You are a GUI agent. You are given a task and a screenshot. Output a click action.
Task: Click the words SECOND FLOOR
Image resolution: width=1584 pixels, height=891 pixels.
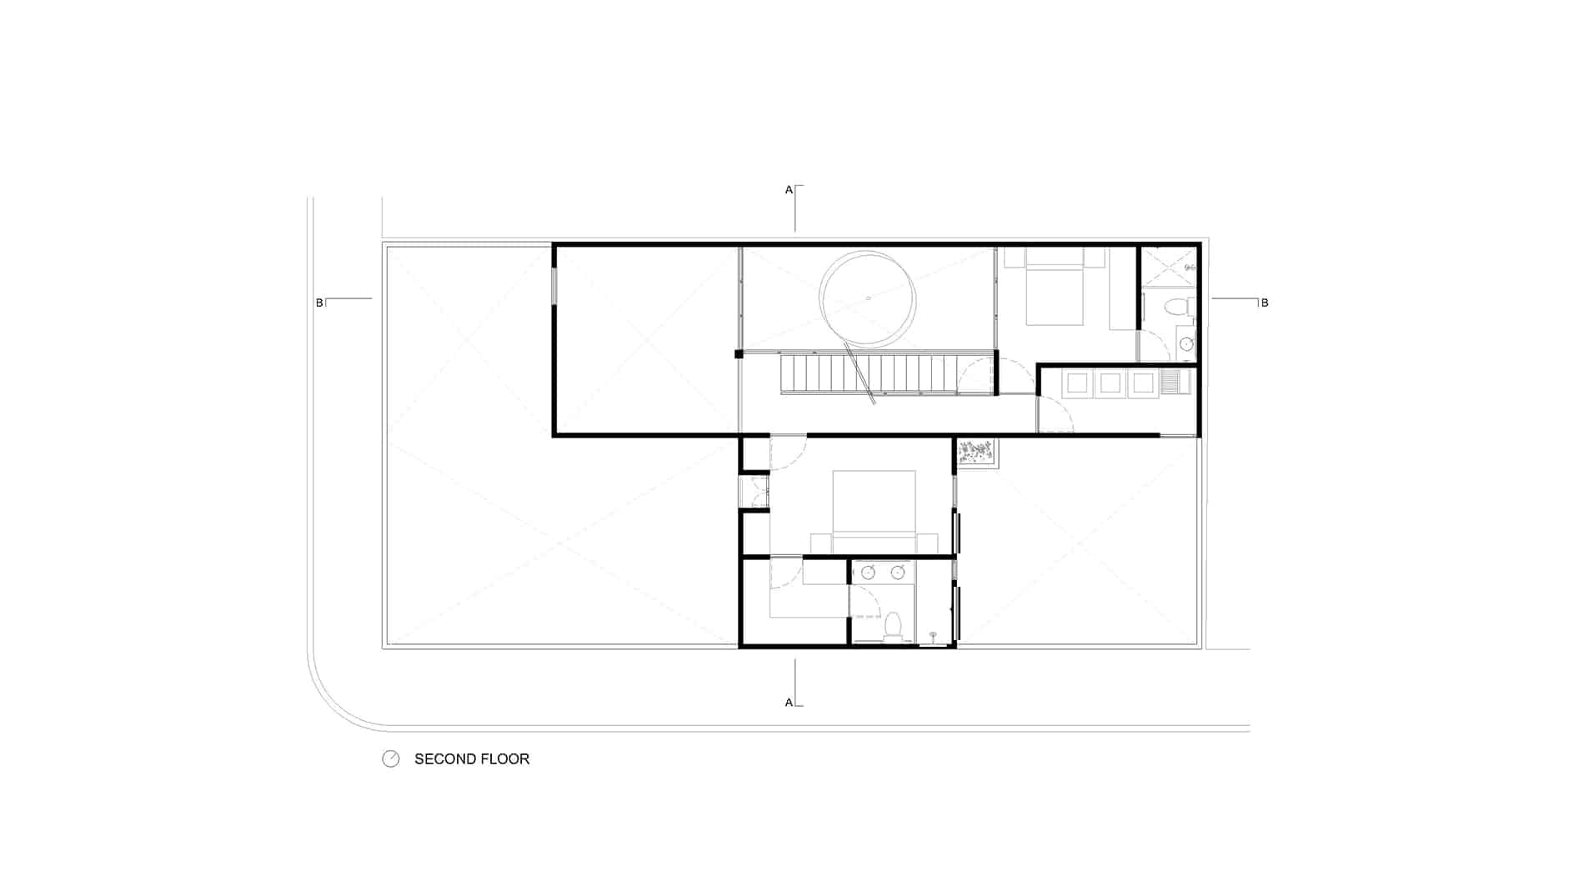472,759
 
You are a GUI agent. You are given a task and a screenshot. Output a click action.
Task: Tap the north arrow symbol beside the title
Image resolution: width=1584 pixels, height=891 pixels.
391,759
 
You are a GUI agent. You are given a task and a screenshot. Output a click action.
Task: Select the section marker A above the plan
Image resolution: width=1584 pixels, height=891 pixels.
789,190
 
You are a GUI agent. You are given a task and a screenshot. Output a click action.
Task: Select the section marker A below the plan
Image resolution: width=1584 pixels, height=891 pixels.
789,703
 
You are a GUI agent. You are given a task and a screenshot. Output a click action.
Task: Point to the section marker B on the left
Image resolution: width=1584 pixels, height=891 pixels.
319,303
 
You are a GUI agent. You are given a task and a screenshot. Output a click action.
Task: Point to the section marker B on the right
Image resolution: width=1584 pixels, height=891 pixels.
1265,303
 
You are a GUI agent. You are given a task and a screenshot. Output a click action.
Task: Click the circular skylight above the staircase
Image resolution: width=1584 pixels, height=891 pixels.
867,298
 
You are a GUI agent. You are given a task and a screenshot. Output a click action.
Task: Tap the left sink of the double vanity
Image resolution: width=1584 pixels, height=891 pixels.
868,572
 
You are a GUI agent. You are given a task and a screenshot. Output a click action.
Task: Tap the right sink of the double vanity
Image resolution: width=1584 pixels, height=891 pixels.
898,572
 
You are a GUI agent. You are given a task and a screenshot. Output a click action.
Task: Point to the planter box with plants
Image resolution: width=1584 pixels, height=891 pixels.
976,453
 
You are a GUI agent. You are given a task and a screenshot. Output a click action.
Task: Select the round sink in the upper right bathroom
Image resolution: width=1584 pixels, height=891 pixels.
1185,343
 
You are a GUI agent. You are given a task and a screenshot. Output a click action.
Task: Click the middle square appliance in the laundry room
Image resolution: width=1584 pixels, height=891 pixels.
1109,383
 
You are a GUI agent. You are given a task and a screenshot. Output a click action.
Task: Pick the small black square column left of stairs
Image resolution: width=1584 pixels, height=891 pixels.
739,354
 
